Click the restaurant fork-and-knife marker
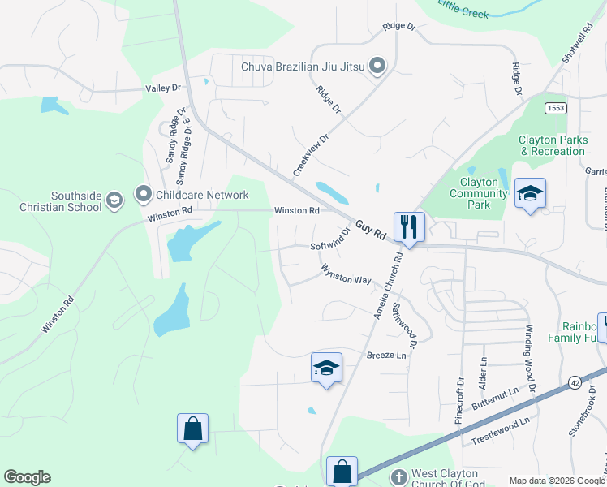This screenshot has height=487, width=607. pyautogui.click(x=408, y=226)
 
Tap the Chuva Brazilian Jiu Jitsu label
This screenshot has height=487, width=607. pyautogui.click(x=303, y=66)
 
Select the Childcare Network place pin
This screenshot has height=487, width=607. pyautogui.click(x=144, y=194)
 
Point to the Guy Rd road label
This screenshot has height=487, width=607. pyautogui.click(x=370, y=229)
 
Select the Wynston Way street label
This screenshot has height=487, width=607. pyautogui.click(x=347, y=274)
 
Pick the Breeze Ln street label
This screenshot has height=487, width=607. pyautogui.click(x=386, y=356)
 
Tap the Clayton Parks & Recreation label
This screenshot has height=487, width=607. pyautogui.click(x=553, y=145)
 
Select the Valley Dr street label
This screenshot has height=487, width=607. pyautogui.click(x=162, y=88)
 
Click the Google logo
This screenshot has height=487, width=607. pyautogui.click(x=27, y=477)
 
